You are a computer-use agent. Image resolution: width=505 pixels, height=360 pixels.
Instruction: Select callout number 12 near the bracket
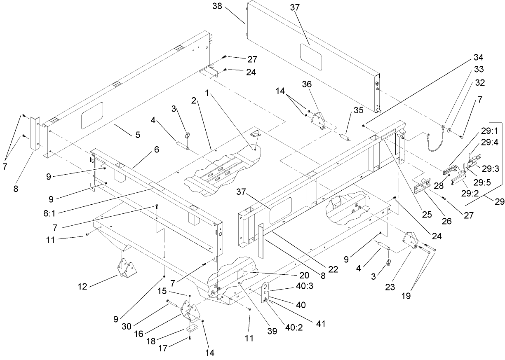tap(83, 287)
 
